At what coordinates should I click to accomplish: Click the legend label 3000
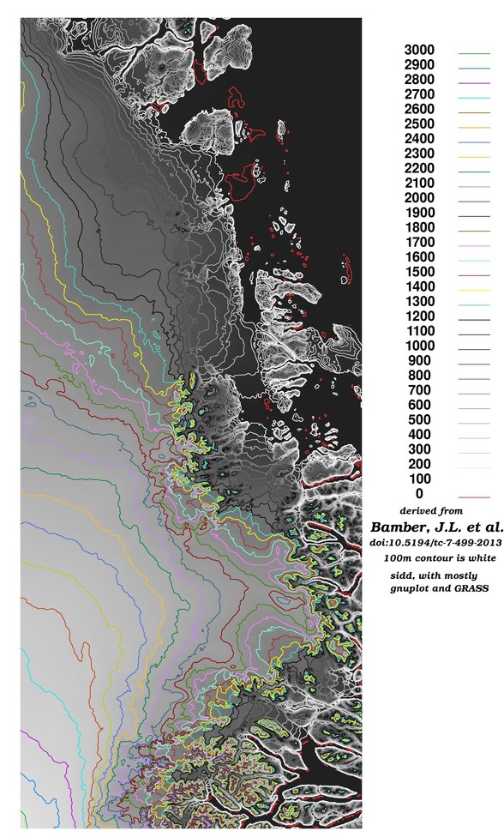(421, 50)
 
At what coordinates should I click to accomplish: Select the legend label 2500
(421, 123)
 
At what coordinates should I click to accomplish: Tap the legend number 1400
(421, 286)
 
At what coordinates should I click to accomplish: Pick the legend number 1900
(421, 213)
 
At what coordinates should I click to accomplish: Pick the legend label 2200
(421, 168)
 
